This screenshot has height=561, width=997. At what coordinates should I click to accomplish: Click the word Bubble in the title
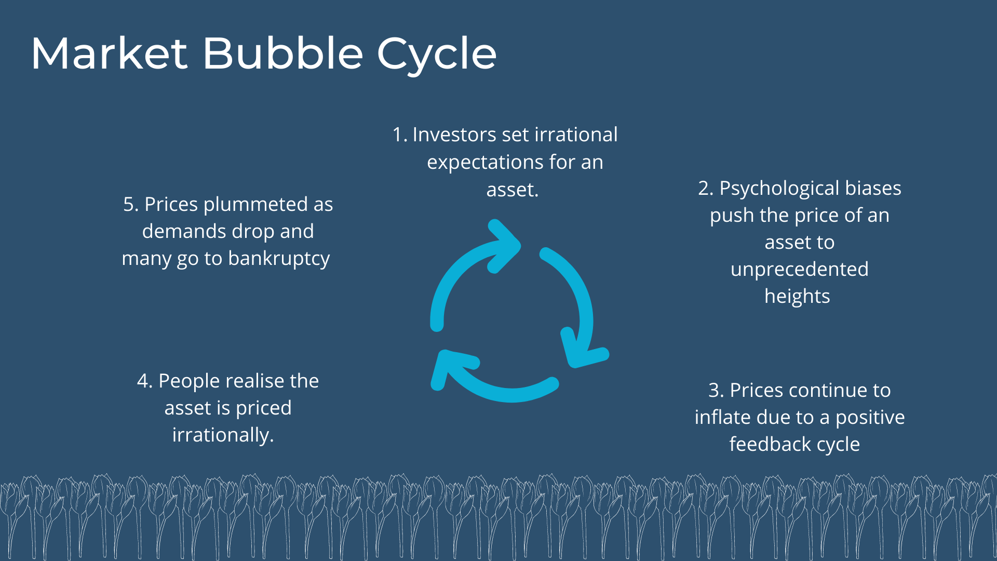[x=282, y=53]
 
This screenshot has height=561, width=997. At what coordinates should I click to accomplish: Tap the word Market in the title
[x=109, y=53]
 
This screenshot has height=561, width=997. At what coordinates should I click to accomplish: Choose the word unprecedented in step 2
[x=800, y=270]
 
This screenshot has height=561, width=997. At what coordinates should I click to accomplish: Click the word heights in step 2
[x=797, y=297]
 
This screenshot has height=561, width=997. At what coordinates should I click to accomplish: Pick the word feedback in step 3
[x=762, y=444]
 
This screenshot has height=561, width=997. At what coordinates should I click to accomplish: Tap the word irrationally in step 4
[x=223, y=435]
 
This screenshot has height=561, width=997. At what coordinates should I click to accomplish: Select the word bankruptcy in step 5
[x=279, y=259]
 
